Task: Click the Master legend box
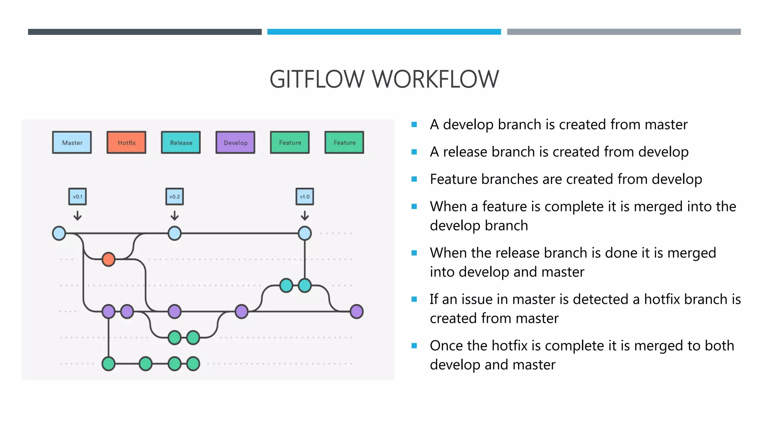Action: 72,142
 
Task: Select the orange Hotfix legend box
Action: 126,142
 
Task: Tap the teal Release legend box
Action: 181,142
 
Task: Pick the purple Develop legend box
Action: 235,142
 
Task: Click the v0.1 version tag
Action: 77,197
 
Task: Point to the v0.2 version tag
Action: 175,197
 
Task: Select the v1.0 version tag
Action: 305,197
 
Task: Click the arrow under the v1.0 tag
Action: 305,215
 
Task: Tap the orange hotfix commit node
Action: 109,259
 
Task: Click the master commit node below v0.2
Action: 175,233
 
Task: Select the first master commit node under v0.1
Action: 59,233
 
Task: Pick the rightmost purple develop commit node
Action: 356,312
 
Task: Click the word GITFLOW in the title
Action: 317,79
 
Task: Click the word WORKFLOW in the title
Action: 435,79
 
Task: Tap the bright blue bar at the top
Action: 384,32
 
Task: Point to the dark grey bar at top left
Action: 145,32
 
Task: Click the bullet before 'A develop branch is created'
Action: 414,124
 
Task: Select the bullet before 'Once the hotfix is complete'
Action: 414,346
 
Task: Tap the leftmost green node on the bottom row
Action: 109,364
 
